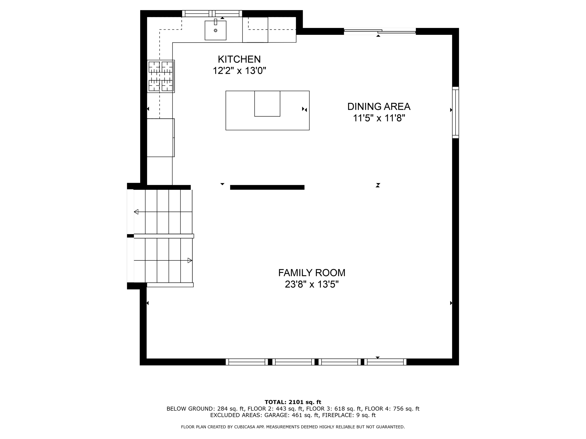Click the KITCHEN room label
tap(239, 59)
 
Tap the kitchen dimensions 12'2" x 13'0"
tap(239, 71)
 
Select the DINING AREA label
tap(379, 107)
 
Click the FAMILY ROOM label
tap(312, 273)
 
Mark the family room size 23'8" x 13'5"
tap(312, 285)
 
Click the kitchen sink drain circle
tap(215, 30)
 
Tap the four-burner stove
tap(161, 76)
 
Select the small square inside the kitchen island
tap(267, 103)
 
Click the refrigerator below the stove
tap(161, 137)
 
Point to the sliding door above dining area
tap(379, 31)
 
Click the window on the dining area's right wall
tap(455, 112)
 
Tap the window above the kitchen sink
tap(212, 14)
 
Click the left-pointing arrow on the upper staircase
tap(136, 212)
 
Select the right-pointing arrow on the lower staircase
tap(190, 260)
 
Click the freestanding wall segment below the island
tap(267, 187)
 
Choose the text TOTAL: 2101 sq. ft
tap(293, 402)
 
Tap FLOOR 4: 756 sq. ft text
tap(392, 409)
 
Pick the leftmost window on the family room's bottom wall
tap(247, 362)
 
